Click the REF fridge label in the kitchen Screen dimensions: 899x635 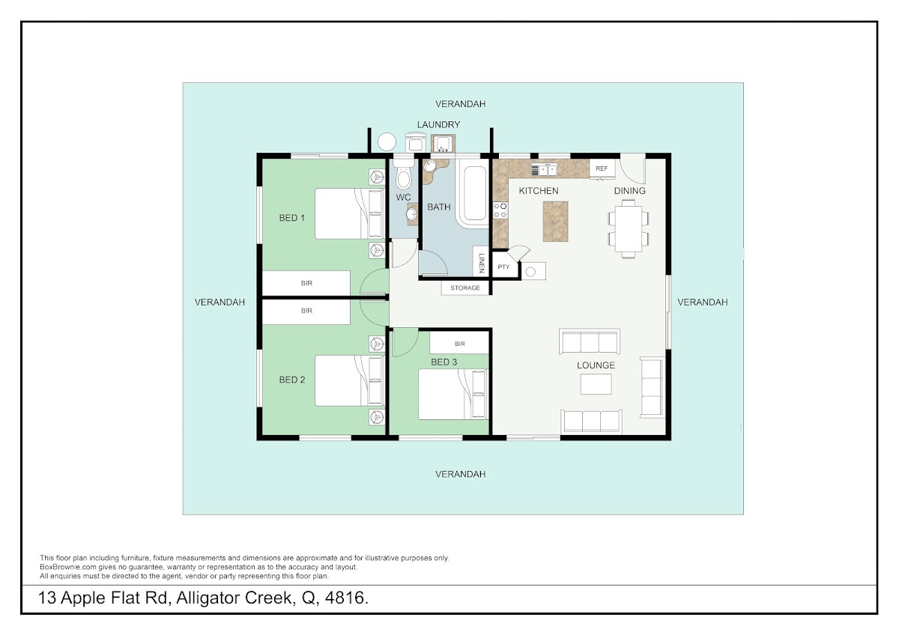point(601,168)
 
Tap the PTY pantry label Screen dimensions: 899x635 point(503,267)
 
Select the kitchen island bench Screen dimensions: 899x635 point(555,222)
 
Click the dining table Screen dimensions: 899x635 point(628,228)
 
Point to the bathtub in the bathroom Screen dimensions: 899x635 point(474,193)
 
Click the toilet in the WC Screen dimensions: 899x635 point(403,175)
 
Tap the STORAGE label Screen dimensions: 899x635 point(464,288)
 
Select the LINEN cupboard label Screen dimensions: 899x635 point(482,263)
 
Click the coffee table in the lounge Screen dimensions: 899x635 point(596,384)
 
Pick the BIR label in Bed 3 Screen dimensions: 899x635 point(459,344)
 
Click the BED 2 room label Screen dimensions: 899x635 point(291,380)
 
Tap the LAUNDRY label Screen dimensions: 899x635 point(438,124)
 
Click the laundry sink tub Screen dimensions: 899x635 point(443,143)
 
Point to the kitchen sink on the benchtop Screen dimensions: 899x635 point(544,170)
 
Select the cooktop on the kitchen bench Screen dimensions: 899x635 point(500,210)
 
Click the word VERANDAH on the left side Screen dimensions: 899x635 point(220,302)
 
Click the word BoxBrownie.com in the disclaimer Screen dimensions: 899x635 point(68,567)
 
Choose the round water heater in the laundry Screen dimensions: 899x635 point(387,142)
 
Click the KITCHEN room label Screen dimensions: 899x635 point(538,190)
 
